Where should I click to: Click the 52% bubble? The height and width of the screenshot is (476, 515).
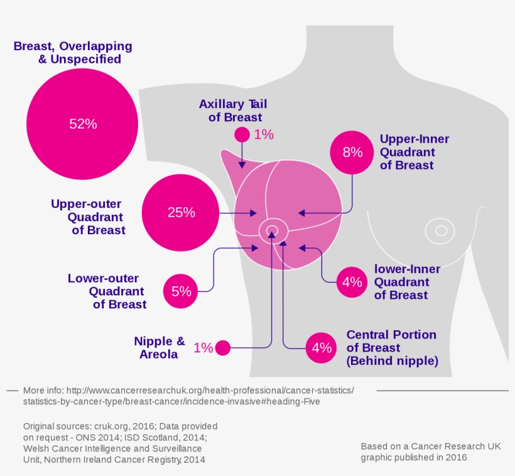82,124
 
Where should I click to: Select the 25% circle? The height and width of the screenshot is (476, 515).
181,212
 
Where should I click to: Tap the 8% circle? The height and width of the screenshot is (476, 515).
352,152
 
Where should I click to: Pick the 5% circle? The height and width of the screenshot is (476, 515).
181,291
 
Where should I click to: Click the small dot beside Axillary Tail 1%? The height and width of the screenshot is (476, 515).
242,134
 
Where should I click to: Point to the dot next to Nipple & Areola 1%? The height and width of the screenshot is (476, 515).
223,347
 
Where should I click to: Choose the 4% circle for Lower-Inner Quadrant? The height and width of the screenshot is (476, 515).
352,282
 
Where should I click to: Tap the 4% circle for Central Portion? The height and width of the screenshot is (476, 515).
322,347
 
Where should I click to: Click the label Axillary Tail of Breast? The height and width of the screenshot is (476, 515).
230,111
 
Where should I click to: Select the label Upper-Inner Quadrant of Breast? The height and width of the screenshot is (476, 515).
415,152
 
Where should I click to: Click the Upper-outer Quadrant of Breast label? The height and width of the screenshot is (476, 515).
88,217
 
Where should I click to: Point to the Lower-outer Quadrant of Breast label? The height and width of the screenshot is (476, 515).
107,291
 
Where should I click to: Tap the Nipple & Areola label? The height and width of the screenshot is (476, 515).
160,347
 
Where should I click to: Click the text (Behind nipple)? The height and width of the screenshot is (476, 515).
392,361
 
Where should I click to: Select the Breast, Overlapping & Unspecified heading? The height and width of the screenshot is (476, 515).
73,53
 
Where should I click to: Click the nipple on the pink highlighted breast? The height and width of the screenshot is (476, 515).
273,230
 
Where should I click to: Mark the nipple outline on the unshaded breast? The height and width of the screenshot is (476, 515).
441,230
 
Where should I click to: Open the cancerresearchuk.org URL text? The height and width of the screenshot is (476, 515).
188,396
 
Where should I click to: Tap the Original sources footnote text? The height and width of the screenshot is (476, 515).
119,443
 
